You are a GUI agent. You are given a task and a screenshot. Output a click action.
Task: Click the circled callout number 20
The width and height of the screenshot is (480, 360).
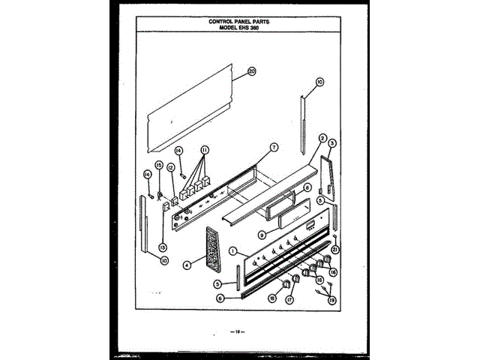(x=252, y=73)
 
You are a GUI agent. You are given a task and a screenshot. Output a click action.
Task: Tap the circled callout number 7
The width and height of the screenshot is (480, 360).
(x=274, y=147)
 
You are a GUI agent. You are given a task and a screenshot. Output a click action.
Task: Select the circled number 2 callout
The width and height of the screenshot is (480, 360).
(x=322, y=138)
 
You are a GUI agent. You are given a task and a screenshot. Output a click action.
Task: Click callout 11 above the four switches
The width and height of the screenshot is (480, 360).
(x=205, y=150)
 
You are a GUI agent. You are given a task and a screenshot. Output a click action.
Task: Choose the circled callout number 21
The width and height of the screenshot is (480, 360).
(x=336, y=250)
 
